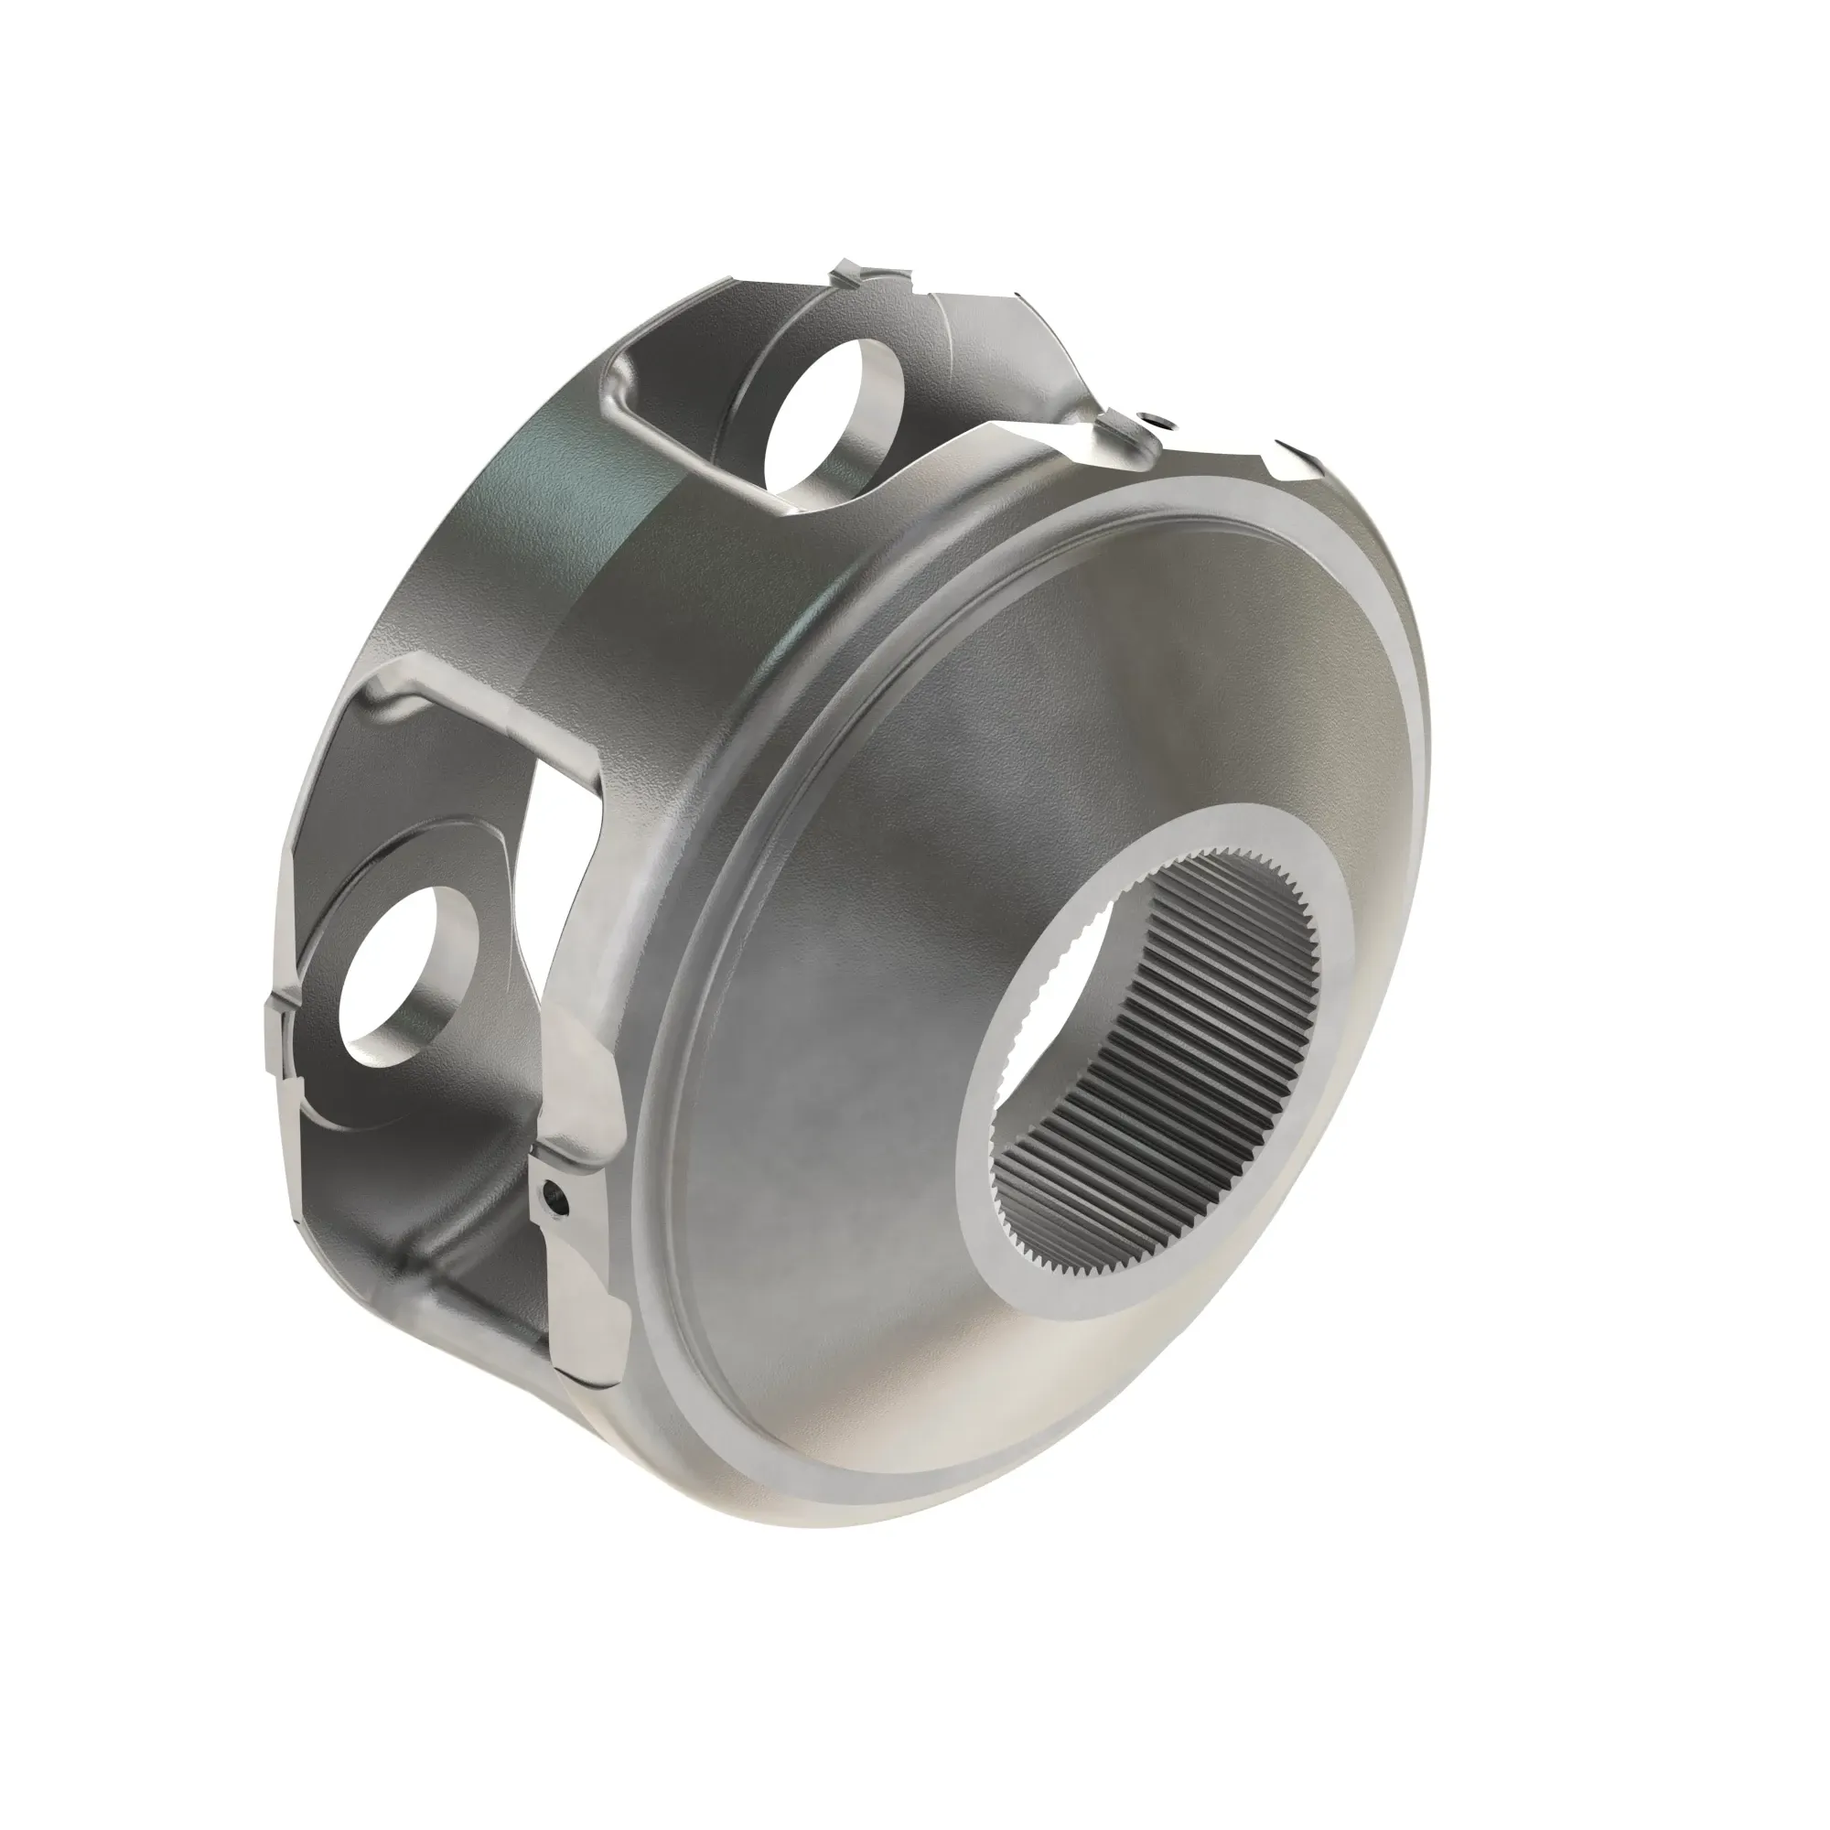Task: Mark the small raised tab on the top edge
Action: (x=857, y=274)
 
